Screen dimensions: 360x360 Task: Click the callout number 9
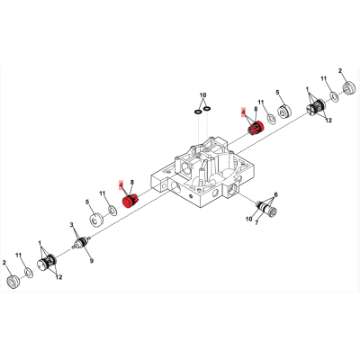point(92,261)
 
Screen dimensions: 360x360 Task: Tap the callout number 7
point(256,222)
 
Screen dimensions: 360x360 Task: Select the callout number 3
point(72,225)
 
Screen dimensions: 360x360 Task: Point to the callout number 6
point(275,194)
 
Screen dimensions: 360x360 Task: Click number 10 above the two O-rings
point(203,95)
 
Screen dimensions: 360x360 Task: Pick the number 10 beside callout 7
point(248,219)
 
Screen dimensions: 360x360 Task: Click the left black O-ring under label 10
point(198,112)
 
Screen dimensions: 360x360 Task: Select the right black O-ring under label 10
point(207,108)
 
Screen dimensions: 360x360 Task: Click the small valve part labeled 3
point(81,242)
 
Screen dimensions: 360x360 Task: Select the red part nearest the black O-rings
point(256,128)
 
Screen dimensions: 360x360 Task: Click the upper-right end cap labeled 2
point(348,88)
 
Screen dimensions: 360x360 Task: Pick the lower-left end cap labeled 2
point(13,282)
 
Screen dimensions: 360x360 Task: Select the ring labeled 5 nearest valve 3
point(96,220)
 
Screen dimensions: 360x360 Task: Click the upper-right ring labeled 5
point(283,112)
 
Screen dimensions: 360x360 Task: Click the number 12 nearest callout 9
point(58,277)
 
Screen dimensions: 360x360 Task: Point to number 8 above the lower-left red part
point(131,182)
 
